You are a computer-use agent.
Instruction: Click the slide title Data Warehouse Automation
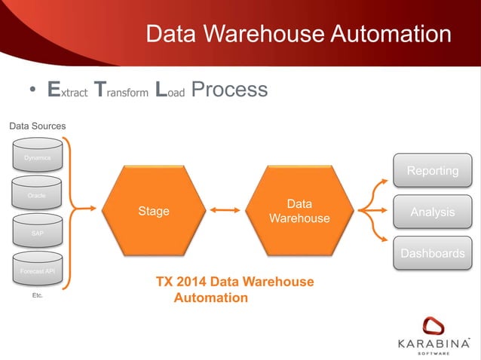(298, 34)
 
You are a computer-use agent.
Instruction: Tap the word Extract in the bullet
(68, 91)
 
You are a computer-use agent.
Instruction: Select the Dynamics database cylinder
(37, 157)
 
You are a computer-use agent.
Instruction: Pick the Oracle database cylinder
(37, 195)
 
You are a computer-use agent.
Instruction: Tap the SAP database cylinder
(37, 233)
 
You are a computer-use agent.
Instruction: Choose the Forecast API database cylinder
(37, 271)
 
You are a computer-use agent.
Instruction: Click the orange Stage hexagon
(153, 211)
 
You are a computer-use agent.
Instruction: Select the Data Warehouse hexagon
(299, 211)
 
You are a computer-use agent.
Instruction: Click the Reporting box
(432, 171)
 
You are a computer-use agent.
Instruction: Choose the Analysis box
(432, 212)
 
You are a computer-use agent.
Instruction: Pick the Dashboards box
(432, 253)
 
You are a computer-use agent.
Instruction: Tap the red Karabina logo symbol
(434, 327)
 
